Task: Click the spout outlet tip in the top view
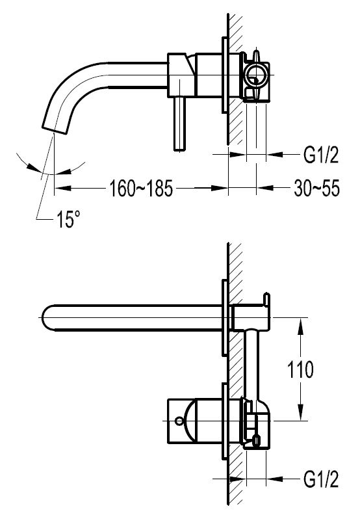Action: (55, 125)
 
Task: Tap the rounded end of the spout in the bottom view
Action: (47, 317)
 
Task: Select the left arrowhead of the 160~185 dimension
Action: (58, 189)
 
